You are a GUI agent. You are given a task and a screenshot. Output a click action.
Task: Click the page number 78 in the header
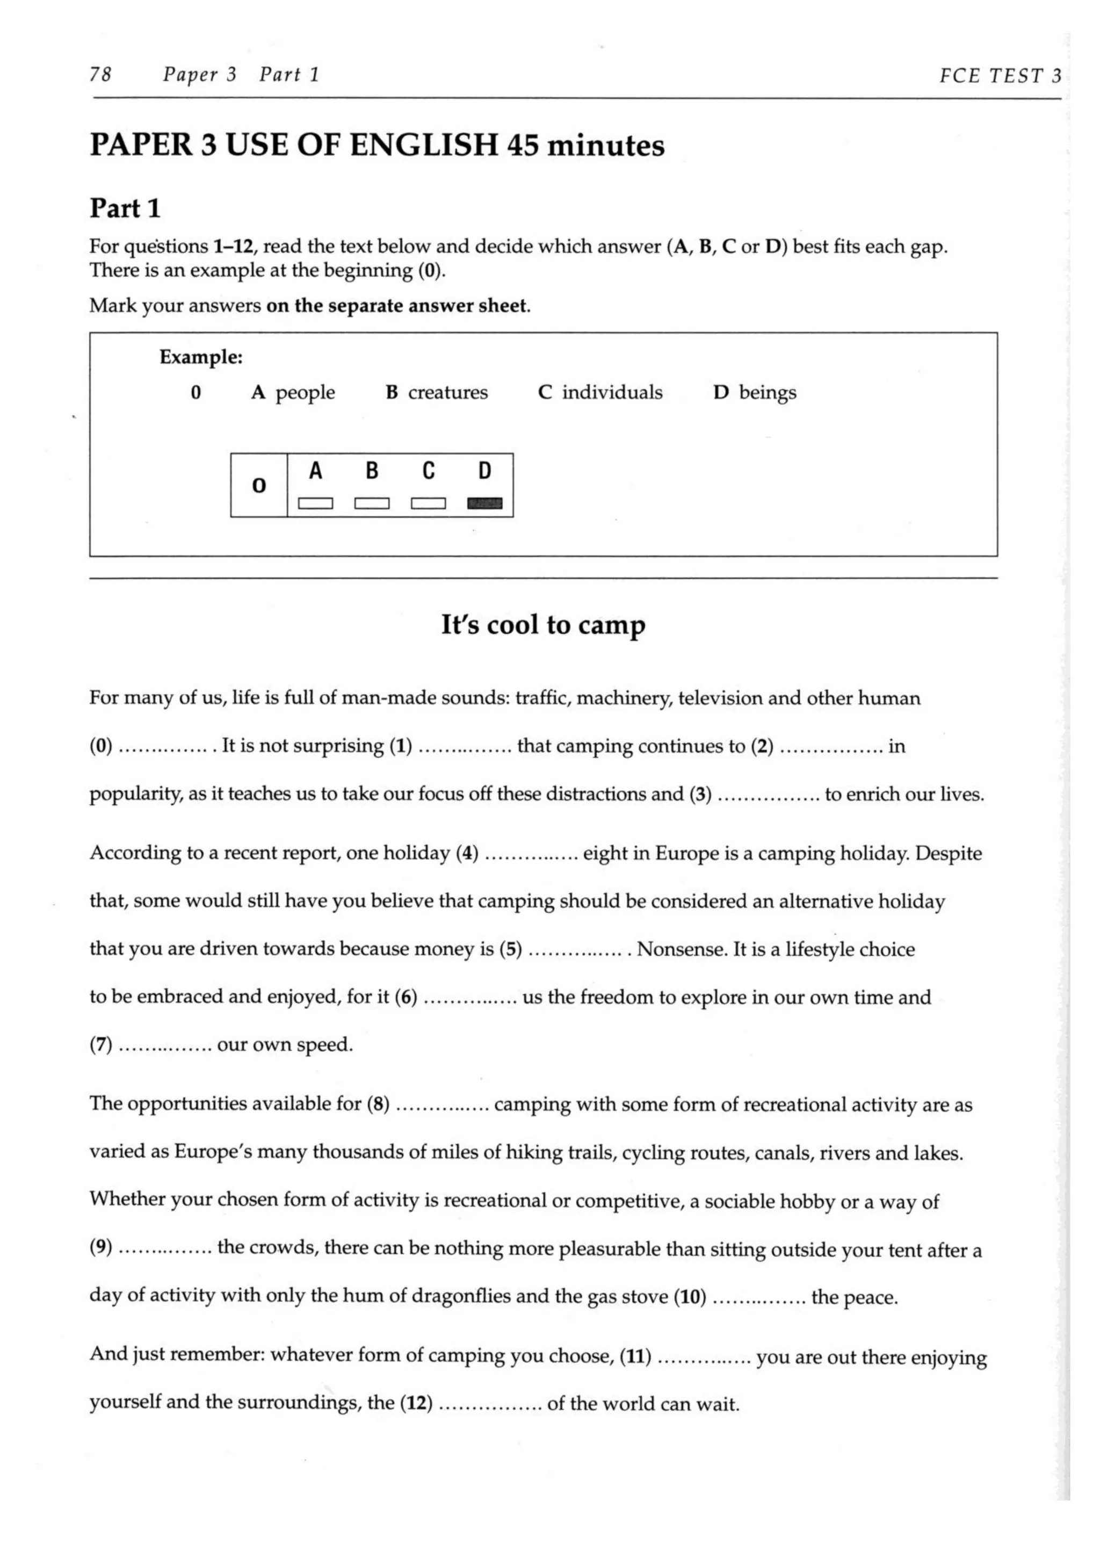point(100,74)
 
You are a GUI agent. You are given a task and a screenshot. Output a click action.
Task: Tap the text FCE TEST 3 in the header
point(1000,75)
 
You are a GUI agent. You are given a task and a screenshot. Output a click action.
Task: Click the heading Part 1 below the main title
point(125,208)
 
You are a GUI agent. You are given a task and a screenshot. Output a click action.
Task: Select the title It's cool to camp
point(542,624)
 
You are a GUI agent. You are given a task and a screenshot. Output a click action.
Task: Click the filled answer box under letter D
point(484,504)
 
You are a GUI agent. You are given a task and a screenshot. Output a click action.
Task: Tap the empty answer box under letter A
point(315,504)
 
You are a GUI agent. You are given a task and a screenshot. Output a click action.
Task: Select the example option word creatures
point(447,393)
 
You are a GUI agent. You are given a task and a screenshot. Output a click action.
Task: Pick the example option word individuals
point(612,393)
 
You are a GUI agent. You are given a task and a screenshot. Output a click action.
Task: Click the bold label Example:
point(201,357)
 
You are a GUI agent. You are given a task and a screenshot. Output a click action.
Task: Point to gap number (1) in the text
point(401,746)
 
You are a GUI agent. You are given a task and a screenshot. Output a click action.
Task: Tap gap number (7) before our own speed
point(100,1045)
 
